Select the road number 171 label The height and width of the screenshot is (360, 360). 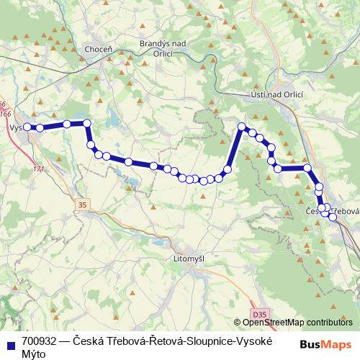pos(38,169)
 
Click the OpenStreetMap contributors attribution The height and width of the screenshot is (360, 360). pos(297,323)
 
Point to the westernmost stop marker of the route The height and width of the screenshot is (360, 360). pos(27,127)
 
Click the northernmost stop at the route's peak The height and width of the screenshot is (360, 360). pos(243,127)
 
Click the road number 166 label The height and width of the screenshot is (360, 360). pos(6,113)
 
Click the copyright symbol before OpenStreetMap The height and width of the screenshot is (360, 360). pos(238,323)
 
